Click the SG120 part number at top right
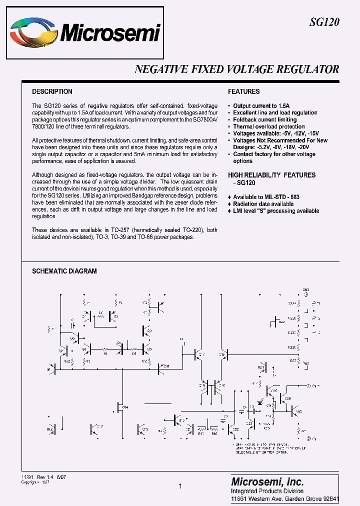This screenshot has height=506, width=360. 324,21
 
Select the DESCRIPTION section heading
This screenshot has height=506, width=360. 52,91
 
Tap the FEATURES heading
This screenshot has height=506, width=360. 244,91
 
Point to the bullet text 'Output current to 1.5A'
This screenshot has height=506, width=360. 261,106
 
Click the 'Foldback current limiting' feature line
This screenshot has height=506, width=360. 265,120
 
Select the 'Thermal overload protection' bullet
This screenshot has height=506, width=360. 269,127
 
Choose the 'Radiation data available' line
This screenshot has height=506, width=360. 263,204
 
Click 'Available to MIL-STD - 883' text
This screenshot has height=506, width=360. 266,197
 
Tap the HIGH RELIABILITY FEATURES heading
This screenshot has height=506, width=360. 272,175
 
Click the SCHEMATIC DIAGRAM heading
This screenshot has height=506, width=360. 64,271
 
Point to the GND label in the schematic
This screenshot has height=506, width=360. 305,289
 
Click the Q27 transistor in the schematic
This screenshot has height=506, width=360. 294,411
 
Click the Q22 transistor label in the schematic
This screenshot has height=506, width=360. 235,429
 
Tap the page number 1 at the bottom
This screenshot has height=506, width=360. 179,485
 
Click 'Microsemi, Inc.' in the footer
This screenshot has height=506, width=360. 267,482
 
